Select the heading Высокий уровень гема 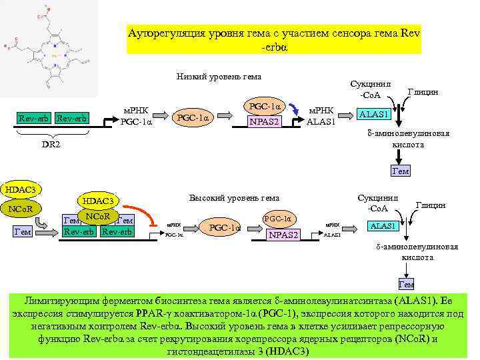pos(234,197)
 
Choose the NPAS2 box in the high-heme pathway pos(283,235)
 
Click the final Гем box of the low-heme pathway pos(400,171)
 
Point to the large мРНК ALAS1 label pos(323,115)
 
